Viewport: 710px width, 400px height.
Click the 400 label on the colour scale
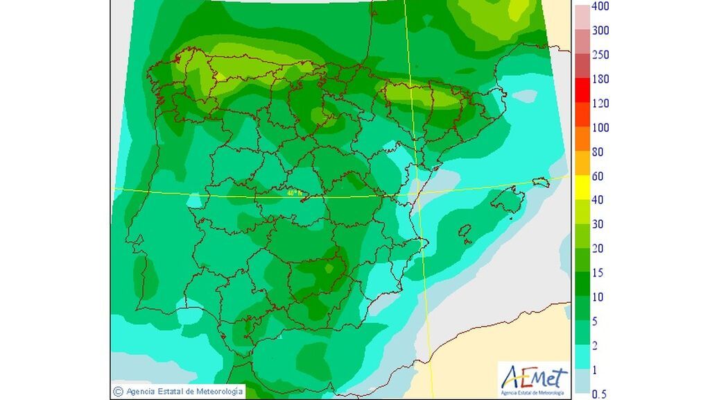click(x=600, y=7)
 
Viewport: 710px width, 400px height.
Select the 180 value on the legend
click(x=600, y=79)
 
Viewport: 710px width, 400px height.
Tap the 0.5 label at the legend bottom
click(x=600, y=394)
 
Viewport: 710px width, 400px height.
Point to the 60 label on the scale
click(x=596, y=176)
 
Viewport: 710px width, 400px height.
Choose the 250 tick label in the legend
click(x=600, y=55)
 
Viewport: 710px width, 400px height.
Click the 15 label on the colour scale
click(x=596, y=273)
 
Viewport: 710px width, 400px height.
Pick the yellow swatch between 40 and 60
click(x=581, y=188)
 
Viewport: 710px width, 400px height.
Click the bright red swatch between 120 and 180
click(x=581, y=91)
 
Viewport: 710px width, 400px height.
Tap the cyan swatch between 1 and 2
click(x=581, y=358)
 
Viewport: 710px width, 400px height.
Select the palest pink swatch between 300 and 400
click(x=581, y=18)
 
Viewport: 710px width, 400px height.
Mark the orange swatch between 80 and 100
click(x=581, y=140)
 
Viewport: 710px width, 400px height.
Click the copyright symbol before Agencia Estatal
click(x=118, y=392)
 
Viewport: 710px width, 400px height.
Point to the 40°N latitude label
click(x=294, y=193)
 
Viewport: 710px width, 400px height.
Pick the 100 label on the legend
click(x=600, y=128)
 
